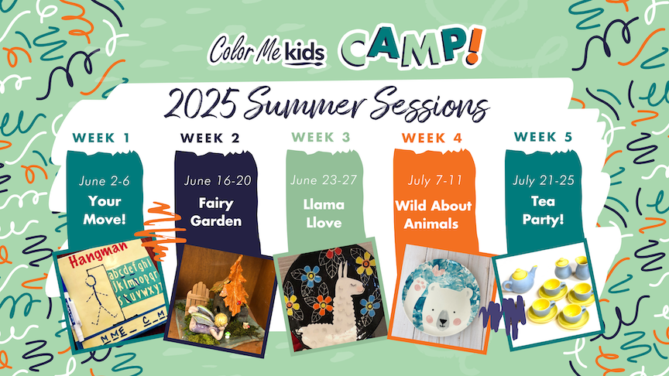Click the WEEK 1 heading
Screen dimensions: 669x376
pos(101,138)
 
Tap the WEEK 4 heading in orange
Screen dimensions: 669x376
pos(432,138)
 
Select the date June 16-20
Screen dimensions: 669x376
pos(218,181)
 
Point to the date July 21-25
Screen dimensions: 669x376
pos(543,180)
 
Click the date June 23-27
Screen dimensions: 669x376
pos(324,180)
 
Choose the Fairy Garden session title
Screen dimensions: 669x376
pos(216,212)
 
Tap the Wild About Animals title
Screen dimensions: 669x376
pos(433,214)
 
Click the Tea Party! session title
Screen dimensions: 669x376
pos(543,210)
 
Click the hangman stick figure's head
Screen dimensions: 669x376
pos(91,282)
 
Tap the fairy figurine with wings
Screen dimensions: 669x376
pos(208,323)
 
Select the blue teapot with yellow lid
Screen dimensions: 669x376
pos(520,279)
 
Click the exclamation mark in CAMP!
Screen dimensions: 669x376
pos(474,46)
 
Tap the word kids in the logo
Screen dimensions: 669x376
pos(304,53)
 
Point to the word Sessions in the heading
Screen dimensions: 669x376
pos(429,104)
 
